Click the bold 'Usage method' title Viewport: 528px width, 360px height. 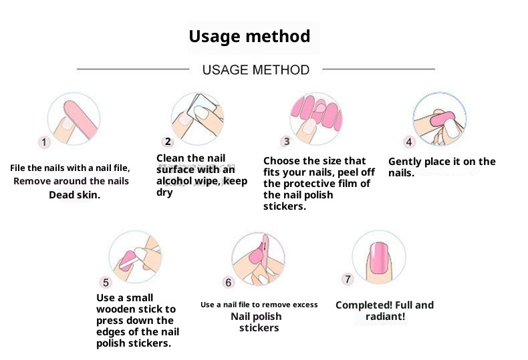pos(249,36)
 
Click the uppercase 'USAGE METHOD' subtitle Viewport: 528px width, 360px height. pos(255,70)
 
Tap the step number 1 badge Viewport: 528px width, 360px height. pos(43,142)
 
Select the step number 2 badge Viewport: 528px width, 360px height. pos(168,142)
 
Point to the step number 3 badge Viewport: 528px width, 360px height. pos(286,142)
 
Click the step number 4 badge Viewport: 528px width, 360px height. pos(409,142)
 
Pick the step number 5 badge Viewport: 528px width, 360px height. pos(106,283)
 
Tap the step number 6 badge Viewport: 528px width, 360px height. pos(229,283)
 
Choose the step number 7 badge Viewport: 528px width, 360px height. pos(348,279)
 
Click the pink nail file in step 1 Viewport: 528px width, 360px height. pos(80,120)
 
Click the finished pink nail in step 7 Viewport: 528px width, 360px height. pos(379,257)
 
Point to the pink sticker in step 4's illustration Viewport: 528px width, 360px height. pos(442,119)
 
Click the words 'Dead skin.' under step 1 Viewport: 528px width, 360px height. pos(74,195)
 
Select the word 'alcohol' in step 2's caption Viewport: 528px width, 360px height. pos(174,181)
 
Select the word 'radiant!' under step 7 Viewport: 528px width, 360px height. pos(385,317)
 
